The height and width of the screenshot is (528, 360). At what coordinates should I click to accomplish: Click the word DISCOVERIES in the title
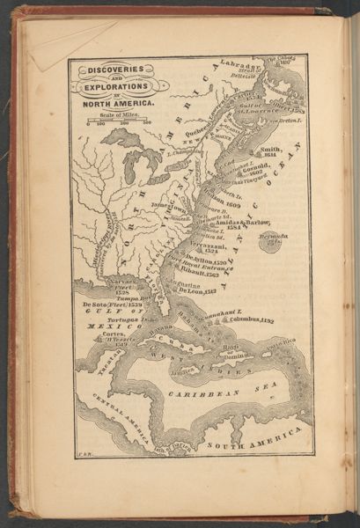click(x=112, y=72)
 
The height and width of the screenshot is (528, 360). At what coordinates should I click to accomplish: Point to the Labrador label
click(x=241, y=66)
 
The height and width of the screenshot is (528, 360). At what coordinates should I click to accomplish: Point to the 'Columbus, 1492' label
click(x=251, y=320)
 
